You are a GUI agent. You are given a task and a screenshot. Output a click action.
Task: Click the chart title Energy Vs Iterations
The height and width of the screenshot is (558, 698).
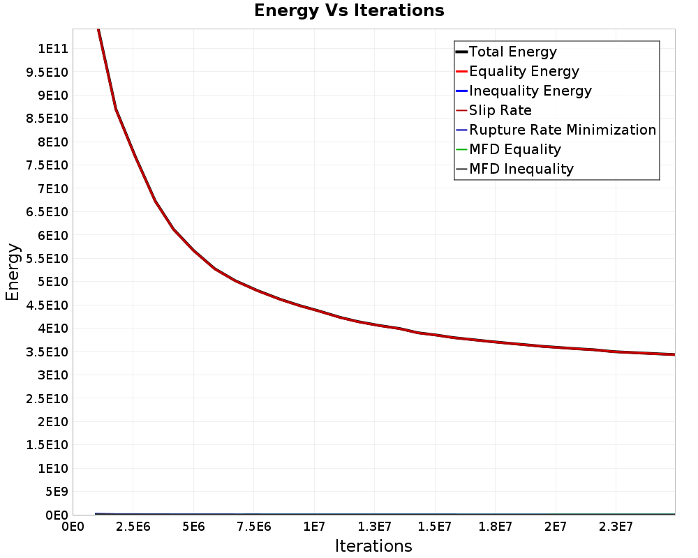349,10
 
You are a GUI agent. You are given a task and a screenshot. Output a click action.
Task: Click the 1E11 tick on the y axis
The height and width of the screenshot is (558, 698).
53,49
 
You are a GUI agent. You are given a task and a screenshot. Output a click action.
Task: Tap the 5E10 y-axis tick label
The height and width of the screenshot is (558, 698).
53,282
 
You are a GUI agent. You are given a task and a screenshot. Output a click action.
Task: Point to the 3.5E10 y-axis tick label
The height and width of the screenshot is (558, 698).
47,352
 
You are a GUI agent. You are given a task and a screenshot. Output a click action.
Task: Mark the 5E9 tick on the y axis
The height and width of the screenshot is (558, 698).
57,492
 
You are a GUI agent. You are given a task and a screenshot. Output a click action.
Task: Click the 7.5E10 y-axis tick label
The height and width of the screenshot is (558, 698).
47,165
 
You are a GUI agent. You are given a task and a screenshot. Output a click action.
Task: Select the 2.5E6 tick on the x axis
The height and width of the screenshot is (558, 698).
133,527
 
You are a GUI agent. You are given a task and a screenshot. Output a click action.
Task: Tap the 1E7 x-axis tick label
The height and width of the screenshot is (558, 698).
314,527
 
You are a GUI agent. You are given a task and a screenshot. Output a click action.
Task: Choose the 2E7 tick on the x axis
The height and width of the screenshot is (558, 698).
556,527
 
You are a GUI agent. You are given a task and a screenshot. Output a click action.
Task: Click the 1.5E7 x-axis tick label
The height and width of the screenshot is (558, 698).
435,527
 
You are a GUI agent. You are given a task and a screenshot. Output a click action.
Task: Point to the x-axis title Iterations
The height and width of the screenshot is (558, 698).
373,546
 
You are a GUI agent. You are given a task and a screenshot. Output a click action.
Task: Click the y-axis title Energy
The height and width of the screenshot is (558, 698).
13,272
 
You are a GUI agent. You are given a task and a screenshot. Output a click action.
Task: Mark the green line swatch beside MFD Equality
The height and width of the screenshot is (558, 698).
461,149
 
